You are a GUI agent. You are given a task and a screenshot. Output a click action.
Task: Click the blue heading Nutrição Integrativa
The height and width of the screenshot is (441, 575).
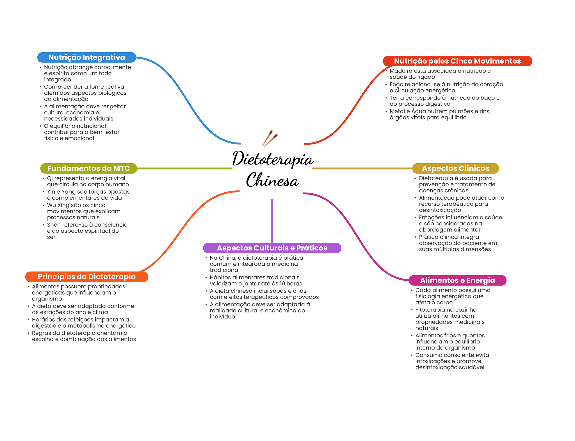click(87, 57)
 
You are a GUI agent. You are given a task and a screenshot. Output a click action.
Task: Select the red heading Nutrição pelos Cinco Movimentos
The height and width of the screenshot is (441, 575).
click(457, 61)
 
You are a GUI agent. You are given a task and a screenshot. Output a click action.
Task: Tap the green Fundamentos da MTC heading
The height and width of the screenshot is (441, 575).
click(88, 168)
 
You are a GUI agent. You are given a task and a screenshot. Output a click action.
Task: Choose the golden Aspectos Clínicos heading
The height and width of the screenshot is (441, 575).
click(455, 168)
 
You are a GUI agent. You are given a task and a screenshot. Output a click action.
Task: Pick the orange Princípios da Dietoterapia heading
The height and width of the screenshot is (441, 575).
click(87, 277)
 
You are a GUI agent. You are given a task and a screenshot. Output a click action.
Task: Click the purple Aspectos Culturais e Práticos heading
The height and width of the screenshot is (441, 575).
click(272, 248)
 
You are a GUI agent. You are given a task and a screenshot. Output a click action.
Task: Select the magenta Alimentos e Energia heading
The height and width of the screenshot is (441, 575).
click(457, 280)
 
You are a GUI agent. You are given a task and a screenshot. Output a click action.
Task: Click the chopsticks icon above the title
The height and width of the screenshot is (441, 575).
click(270, 138)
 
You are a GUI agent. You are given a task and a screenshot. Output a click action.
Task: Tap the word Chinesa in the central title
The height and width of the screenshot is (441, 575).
click(272, 180)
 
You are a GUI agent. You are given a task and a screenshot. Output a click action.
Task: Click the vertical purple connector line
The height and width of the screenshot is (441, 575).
click(272, 221)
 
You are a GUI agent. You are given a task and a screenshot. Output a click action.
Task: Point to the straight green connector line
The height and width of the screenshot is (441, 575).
click(185, 168)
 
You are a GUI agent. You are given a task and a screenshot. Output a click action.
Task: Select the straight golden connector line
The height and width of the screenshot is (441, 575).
click(362, 168)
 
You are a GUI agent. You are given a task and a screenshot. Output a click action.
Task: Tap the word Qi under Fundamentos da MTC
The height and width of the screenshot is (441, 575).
click(50, 178)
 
